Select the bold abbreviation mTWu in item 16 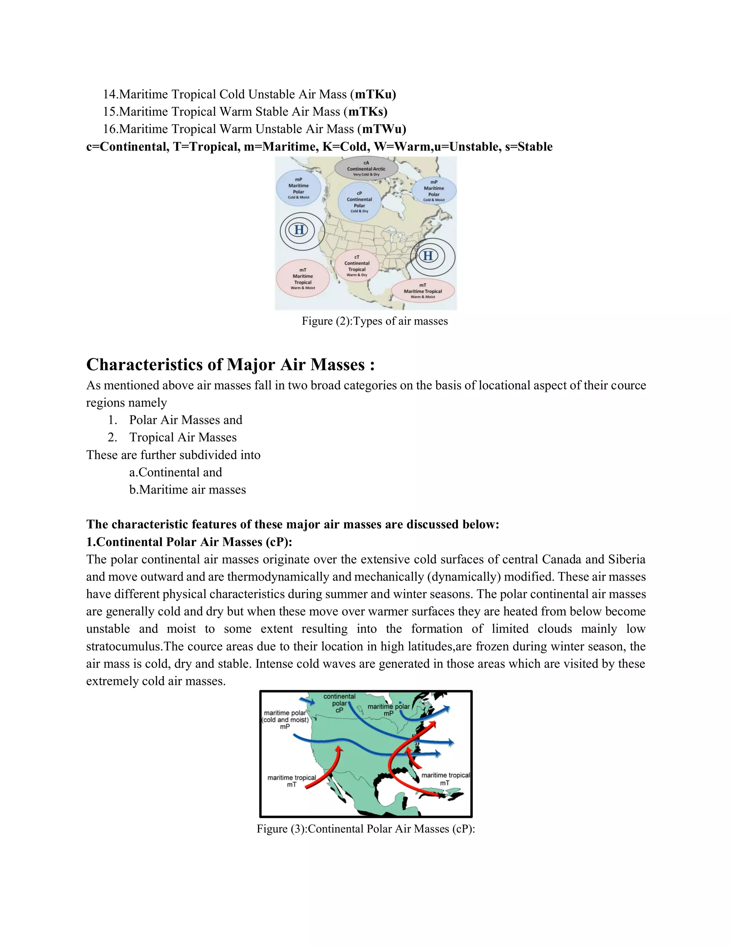[x=384, y=129]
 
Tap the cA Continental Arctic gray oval [x=366, y=169]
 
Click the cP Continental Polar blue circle [x=360, y=202]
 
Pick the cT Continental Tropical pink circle [x=357, y=266]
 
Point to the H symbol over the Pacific [x=299, y=230]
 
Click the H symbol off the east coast [x=428, y=256]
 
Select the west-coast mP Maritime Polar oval [x=299, y=188]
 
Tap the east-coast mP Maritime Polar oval [x=434, y=191]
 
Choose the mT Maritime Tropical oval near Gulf [x=423, y=291]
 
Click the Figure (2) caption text [x=375, y=321]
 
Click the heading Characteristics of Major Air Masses [x=230, y=365]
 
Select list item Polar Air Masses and [x=186, y=420]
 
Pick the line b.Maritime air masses [x=187, y=490]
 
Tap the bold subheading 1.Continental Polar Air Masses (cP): [x=189, y=542]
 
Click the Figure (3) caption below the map [x=366, y=829]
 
